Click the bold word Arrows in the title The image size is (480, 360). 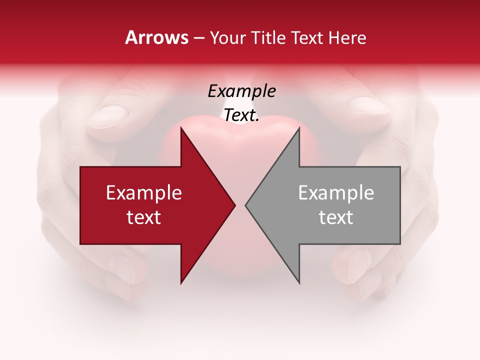pyautogui.click(x=157, y=37)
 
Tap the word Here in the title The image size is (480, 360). pyautogui.click(x=348, y=37)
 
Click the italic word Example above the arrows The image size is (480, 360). pyautogui.click(x=241, y=91)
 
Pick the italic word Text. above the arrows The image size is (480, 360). pyautogui.click(x=241, y=115)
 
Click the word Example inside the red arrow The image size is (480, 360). pyautogui.click(x=144, y=192)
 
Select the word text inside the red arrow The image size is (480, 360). pyautogui.click(x=144, y=217)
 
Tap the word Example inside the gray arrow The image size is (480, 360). pyautogui.click(x=336, y=192)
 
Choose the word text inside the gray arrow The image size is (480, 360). pyautogui.click(x=336, y=217)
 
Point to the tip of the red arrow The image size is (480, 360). pyautogui.click(x=235, y=205)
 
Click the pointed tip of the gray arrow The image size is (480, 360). pyautogui.click(x=245, y=205)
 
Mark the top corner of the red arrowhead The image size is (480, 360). pyautogui.click(x=181, y=127)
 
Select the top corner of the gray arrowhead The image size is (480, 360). pyautogui.click(x=299, y=127)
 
